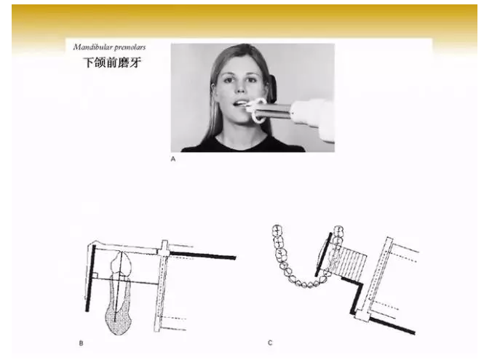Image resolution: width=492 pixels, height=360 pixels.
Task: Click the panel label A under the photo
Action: click(x=172, y=156)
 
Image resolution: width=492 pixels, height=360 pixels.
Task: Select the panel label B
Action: click(x=80, y=342)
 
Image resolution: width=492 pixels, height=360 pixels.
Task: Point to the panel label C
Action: click(x=269, y=342)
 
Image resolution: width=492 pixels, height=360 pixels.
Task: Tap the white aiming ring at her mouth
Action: click(x=256, y=111)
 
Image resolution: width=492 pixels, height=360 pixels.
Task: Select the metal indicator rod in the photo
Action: click(x=277, y=111)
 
